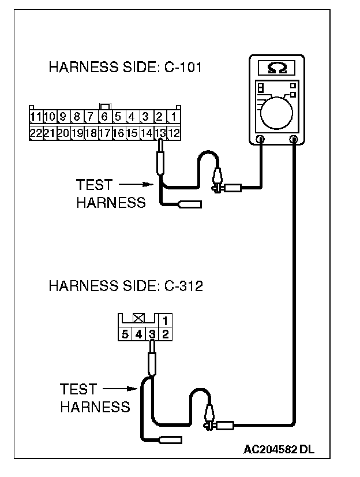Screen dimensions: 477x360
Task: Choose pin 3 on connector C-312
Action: point(152,334)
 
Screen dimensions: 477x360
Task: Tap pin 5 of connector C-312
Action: point(125,334)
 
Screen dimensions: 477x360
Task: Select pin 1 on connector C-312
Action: point(165,320)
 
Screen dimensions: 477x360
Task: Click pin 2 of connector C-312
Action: point(165,334)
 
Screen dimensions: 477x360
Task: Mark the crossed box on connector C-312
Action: point(138,318)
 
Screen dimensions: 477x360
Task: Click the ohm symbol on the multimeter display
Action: point(277,69)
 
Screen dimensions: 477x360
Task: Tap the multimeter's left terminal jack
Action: point(260,139)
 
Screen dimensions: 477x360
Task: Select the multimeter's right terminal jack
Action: point(295,139)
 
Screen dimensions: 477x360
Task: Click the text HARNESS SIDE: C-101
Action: point(125,68)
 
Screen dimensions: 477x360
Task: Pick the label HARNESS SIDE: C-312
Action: point(125,286)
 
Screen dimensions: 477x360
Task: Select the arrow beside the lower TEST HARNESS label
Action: point(121,389)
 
